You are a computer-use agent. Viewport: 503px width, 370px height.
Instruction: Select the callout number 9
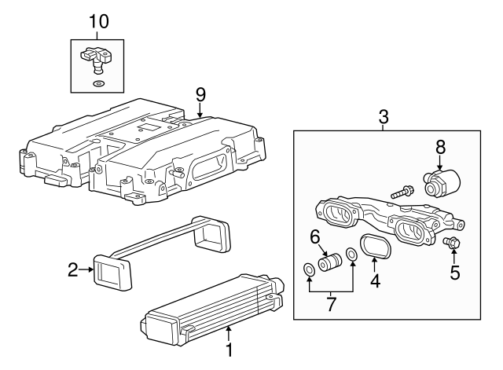click(200, 93)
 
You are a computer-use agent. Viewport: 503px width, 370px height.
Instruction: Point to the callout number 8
click(441, 146)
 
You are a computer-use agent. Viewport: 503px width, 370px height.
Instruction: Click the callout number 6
click(314, 236)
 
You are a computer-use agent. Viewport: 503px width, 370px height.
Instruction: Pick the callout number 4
click(375, 280)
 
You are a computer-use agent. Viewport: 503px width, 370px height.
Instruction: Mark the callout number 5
click(454, 273)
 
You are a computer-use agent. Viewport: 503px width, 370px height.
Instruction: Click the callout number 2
click(72, 270)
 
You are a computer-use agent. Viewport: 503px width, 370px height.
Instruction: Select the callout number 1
click(229, 347)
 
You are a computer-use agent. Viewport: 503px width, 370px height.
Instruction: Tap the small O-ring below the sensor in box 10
click(97, 82)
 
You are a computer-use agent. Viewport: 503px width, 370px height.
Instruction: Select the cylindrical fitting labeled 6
click(329, 262)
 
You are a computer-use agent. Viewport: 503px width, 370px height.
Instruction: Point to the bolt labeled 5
click(452, 244)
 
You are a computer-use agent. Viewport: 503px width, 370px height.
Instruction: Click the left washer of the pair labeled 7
click(310, 272)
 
